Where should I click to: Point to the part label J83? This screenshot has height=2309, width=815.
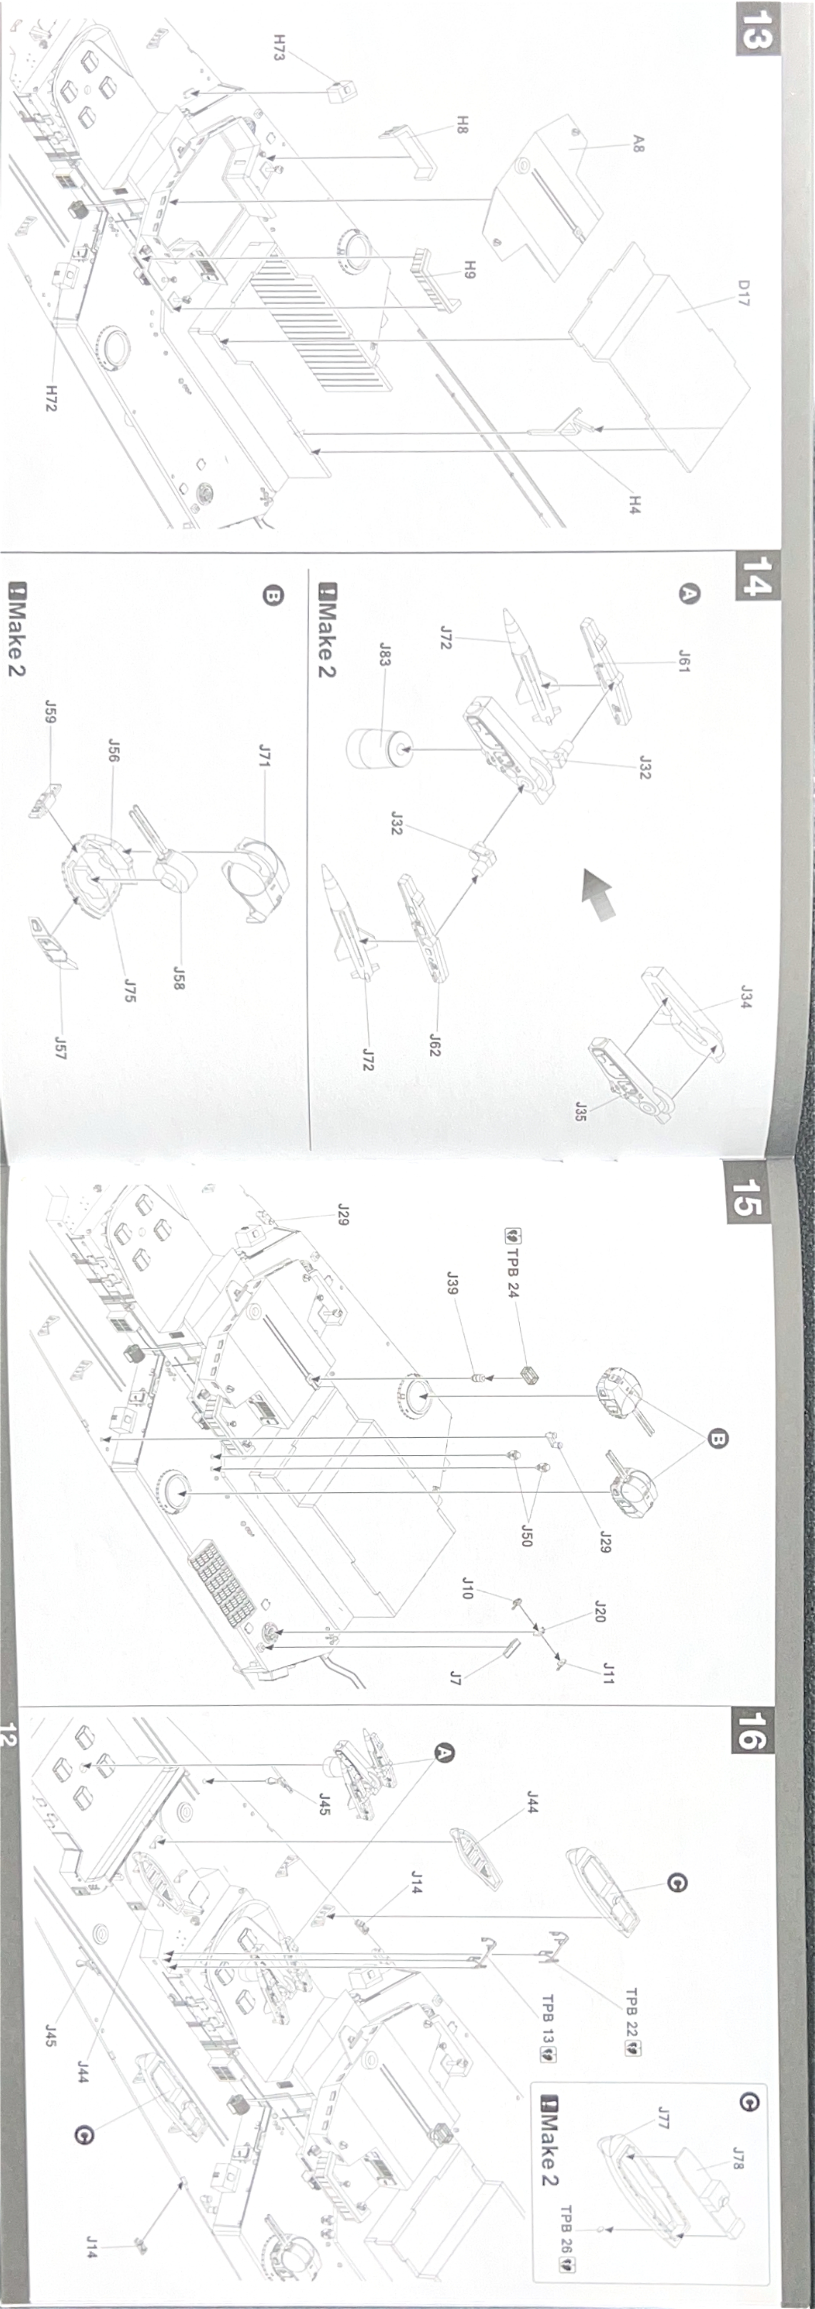[x=385, y=654]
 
